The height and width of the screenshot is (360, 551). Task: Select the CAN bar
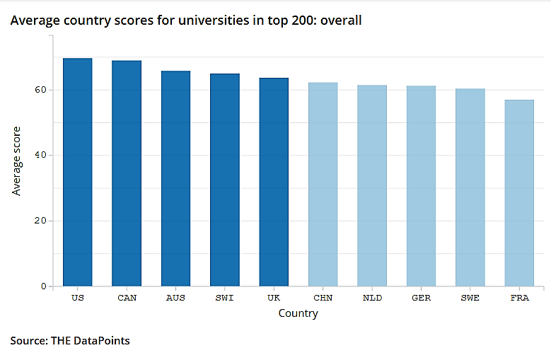click(127, 173)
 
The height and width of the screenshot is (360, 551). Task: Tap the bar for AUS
click(175, 178)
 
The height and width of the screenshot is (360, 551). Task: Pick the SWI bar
click(224, 180)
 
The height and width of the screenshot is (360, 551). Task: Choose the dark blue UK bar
click(274, 182)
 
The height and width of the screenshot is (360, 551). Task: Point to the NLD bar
click(372, 185)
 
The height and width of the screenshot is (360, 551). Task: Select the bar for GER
click(421, 186)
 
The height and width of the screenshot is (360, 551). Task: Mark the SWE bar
click(470, 187)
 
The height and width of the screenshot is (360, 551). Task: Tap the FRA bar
click(519, 193)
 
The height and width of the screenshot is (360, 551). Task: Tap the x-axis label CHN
click(323, 298)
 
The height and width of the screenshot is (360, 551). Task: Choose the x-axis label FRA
click(519, 298)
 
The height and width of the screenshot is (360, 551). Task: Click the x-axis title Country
click(298, 313)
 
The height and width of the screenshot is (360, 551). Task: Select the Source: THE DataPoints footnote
click(70, 341)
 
